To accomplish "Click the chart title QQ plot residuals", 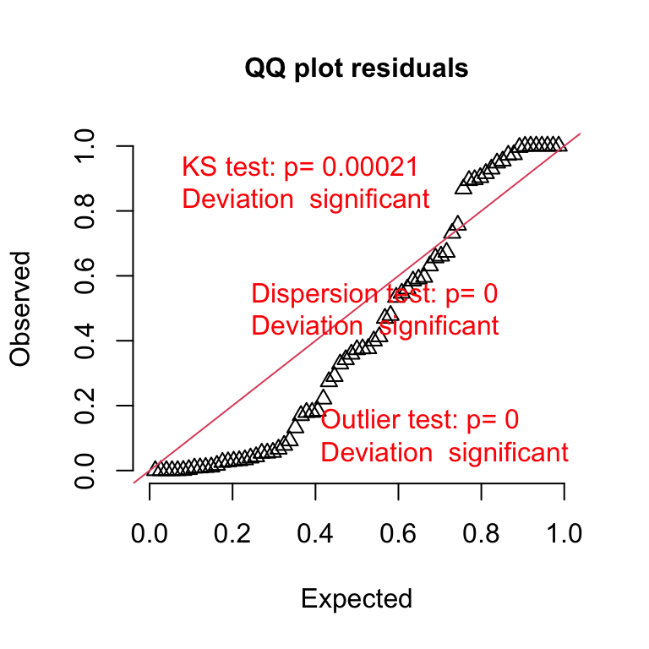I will click(357, 68).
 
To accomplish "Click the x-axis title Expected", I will click(357, 599).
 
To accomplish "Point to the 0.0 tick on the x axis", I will click(150, 534).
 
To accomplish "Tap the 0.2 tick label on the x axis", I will click(232, 534).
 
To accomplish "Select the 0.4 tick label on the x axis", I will click(315, 534).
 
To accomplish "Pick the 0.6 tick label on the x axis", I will click(398, 534).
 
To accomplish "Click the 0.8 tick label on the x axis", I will click(481, 534).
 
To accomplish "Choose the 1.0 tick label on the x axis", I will click(564, 534).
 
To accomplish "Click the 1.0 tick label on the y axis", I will click(86, 146).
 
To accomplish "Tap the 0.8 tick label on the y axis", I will click(86, 211).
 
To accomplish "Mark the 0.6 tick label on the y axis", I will click(86, 275).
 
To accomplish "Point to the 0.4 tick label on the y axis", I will click(86, 341).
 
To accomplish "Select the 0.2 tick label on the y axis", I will click(86, 406).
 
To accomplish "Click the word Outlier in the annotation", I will click(358, 419).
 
